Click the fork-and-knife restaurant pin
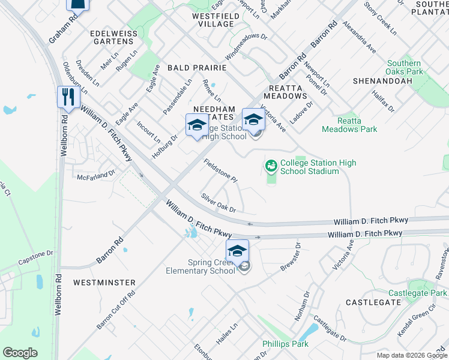point(68,97)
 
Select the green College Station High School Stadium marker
point(271,164)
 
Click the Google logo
point(20,352)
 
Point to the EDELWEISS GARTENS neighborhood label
point(112,37)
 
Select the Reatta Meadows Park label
point(349,125)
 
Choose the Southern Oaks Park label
point(403,67)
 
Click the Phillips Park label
point(285,344)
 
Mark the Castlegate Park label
point(417,293)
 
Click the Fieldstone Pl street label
point(221,171)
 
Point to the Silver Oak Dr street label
point(218,202)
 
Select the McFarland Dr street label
point(96,176)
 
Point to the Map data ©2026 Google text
point(411,355)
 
